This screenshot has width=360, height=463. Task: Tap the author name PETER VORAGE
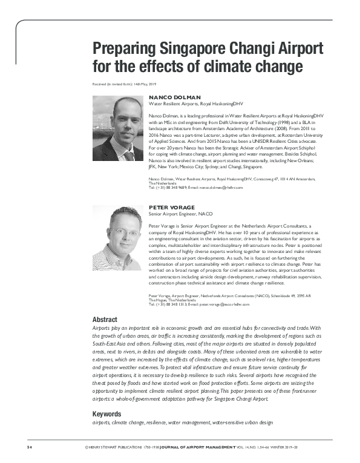tap(172, 208)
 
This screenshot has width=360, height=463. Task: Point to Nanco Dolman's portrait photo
tap(118, 130)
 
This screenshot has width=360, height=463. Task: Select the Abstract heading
tap(105, 319)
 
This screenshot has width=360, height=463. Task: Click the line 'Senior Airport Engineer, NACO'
tap(180, 214)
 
